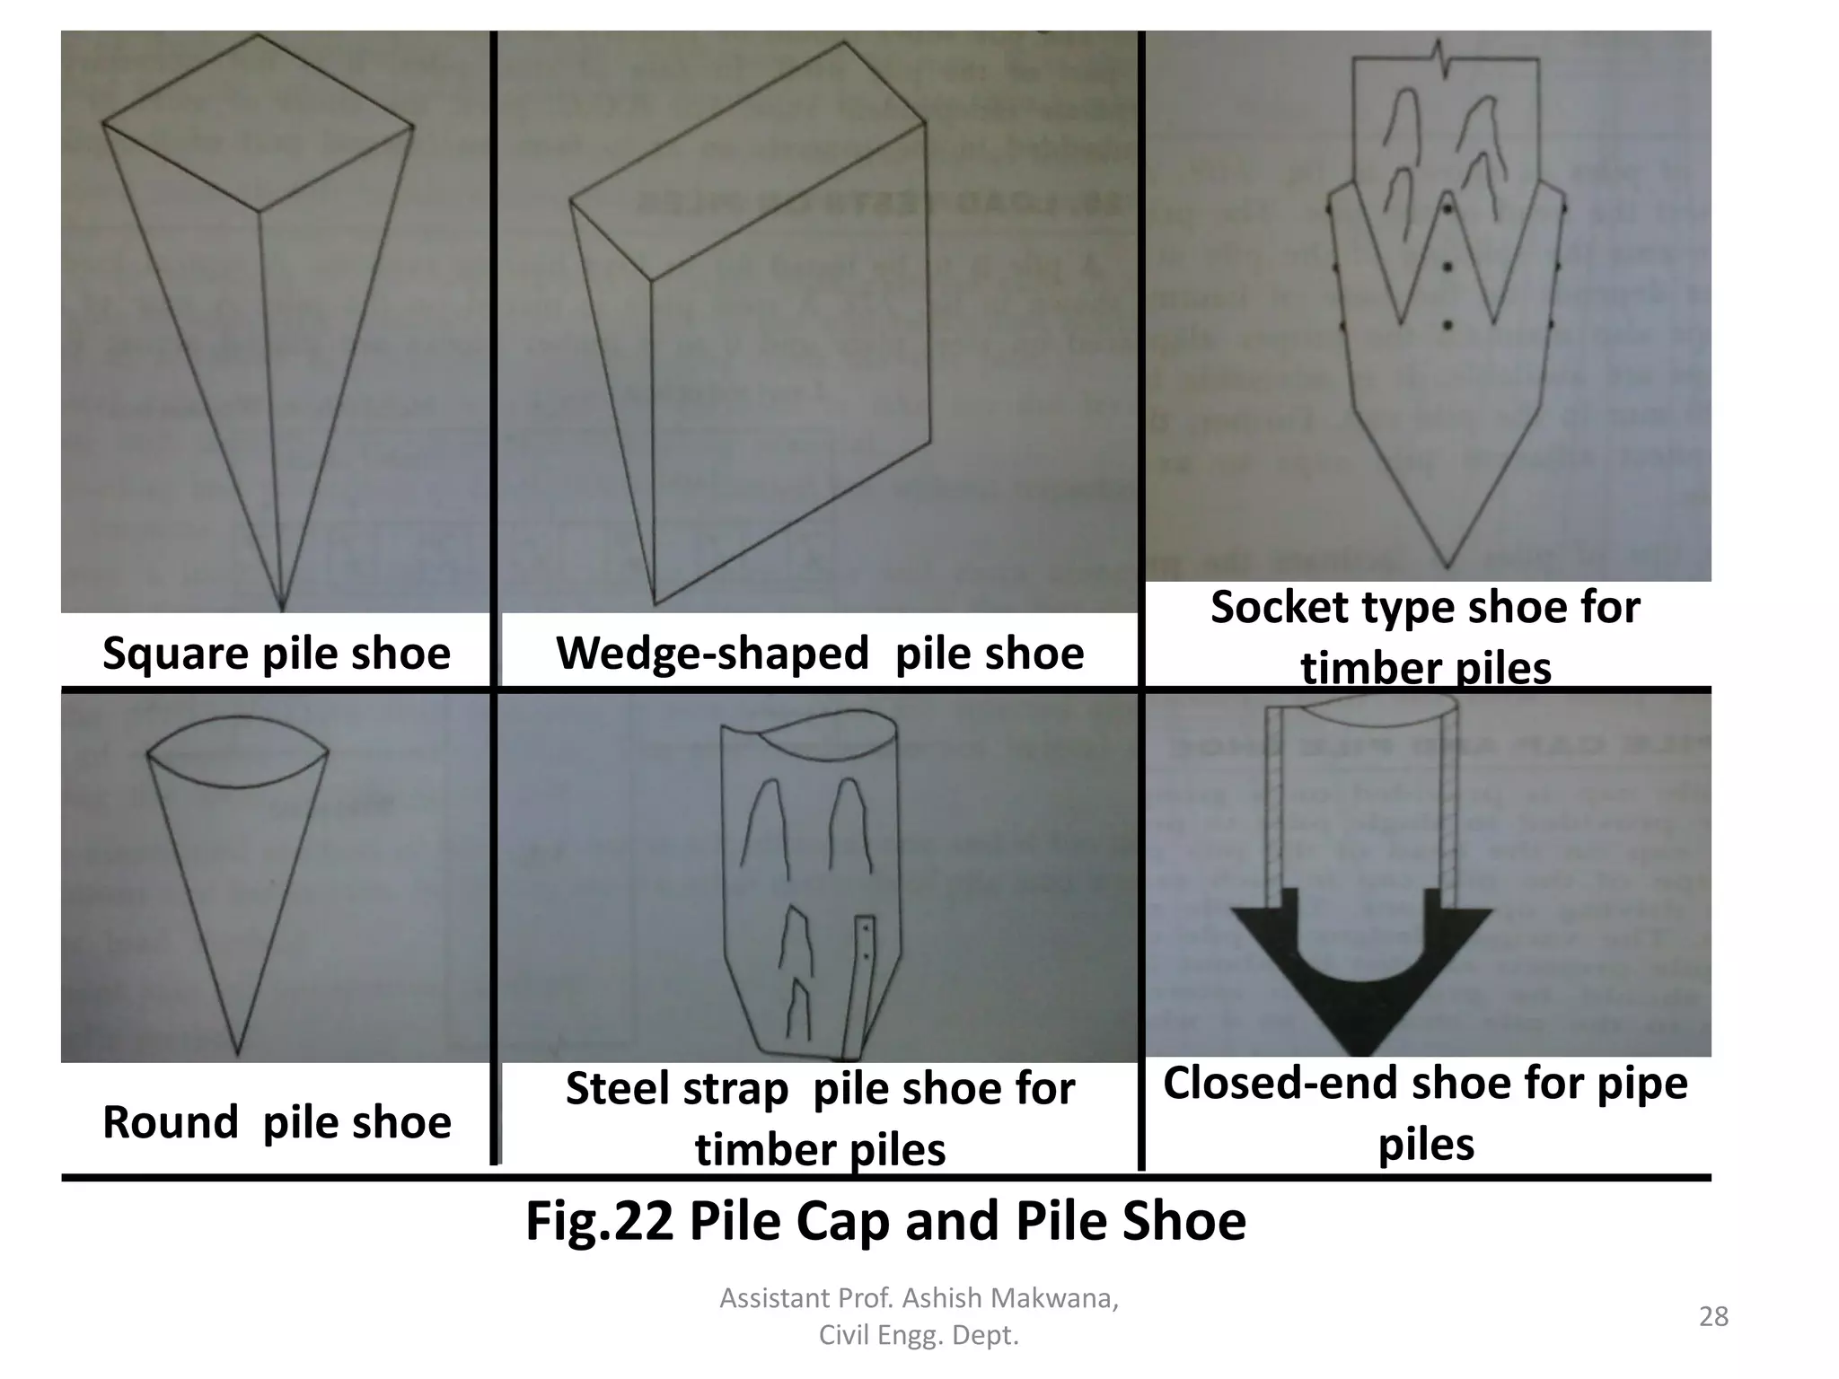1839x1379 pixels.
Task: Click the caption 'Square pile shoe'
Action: (x=276, y=653)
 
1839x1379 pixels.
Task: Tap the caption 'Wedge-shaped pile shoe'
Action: (x=820, y=653)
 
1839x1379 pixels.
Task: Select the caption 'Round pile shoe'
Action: (x=277, y=1122)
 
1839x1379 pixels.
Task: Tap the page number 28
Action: (x=1713, y=1316)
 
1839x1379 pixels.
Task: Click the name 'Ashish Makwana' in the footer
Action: (x=1010, y=1298)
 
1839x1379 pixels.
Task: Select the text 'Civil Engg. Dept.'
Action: (x=919, y=1336)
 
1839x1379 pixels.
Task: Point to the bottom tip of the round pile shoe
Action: (x=238, y=1053)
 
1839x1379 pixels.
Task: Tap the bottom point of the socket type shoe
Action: (x=1447, y=567)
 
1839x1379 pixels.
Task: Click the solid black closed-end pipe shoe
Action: (x=1360, y=997)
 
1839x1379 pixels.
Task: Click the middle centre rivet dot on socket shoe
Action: (x=1447, y=267)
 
